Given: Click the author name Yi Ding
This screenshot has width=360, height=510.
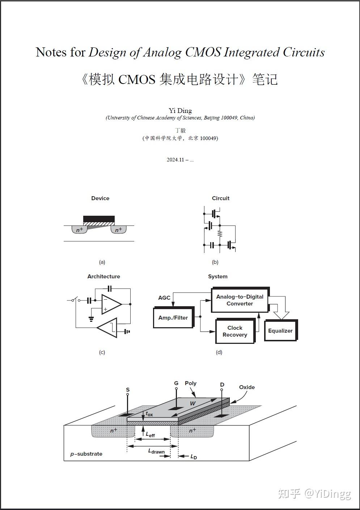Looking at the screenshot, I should coord(180,110).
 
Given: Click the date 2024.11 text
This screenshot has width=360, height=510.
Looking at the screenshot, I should coord(175,160).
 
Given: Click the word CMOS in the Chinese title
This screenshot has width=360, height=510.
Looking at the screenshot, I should coord(137,79).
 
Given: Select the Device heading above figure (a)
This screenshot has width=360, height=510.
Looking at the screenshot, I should coord(100,198).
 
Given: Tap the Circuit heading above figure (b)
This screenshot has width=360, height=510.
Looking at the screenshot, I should coord(221,198).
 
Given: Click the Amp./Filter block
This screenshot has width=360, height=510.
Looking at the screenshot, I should coord(173,318).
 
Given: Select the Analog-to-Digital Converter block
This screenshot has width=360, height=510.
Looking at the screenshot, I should coord(240,300).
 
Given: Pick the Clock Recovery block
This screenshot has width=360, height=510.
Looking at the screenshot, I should coord(235,331).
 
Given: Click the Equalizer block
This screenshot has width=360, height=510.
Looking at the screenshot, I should coord(280,331).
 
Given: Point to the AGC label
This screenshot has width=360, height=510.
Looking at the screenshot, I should coord(164,298).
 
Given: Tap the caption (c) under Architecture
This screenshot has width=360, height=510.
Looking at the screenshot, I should coord(102,352).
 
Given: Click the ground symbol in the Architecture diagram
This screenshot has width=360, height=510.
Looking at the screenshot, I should coord(91,319).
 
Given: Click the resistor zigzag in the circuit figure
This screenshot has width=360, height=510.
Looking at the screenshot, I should coord(220,234).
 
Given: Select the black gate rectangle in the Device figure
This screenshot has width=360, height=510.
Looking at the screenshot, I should coord(99,219).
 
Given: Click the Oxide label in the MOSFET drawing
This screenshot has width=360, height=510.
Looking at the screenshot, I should coord(247,387).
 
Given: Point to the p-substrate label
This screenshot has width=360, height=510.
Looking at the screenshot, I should coord(86,454).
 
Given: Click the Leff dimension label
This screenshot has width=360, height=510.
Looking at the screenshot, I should coord(150,434).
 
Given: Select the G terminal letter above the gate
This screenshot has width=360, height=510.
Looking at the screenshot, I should coord(176,383).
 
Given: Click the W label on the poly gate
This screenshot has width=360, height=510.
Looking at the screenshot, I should coord(193,403).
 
